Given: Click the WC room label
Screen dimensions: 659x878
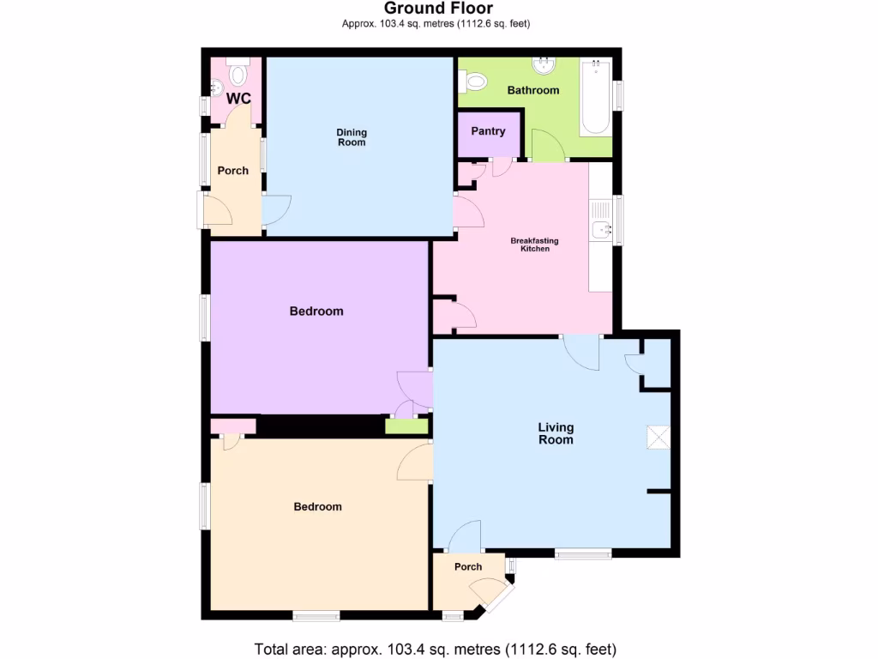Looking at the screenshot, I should (238, 99).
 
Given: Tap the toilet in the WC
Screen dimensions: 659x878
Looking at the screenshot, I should (238, 73).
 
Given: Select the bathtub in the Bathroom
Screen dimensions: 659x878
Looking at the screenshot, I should (596, 96).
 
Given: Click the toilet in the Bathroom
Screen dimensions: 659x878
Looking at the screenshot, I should (473, 82).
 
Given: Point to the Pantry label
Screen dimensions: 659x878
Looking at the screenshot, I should (488, 132).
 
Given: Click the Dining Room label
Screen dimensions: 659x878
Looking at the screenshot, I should (352, 137).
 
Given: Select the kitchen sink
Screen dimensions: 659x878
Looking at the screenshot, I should (601, 229).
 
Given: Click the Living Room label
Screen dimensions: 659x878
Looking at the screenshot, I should (556, 433).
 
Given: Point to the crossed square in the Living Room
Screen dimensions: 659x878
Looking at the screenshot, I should (658, 437).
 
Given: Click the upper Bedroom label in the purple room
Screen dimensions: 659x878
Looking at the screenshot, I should (316, 311).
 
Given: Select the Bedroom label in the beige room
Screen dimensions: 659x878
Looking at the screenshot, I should (317, 507).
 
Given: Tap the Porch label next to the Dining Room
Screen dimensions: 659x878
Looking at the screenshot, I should (232, 171).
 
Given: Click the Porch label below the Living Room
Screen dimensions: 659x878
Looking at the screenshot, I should (468, 567).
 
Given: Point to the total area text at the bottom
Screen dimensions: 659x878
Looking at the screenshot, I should (436, 649).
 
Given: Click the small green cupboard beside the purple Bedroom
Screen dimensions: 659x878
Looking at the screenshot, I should (406, 426).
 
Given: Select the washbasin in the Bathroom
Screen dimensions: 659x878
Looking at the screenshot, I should (543, 66).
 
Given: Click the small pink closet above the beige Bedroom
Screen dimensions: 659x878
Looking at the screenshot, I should (232, 426).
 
